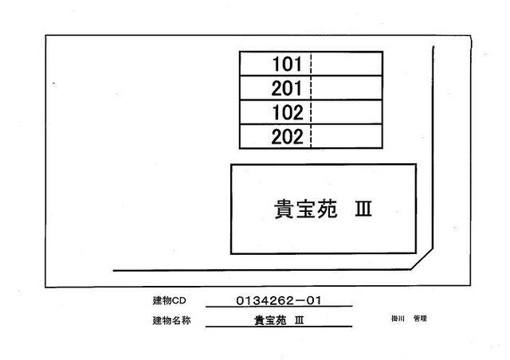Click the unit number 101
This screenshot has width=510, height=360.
click(x=287, y=64)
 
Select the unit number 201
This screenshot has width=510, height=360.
click(x=287, y=88)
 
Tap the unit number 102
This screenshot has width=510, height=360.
click(x=288, y=112)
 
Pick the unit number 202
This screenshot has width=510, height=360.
click(x=287, y=137)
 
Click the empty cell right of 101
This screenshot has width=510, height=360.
click(x=347, y=64)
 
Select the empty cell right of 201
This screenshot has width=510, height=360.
click(x=347, y=88)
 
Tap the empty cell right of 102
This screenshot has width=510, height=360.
click(x=347, y=112)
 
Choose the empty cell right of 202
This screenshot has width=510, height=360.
click(x=347, y=136)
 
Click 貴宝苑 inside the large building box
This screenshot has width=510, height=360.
click(x=306, y=209)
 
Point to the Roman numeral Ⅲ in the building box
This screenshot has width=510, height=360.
click(x=363, y=209)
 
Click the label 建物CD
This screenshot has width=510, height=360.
click(x=169, y=300)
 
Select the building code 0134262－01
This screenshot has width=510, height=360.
click(x=279, y=300)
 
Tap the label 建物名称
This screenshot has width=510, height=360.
click(x=171, y=321)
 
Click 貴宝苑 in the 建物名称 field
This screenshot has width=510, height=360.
click(x=270, y=320)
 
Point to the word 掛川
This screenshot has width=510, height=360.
click(x=398, y=319)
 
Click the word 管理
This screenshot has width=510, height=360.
click(x=420, y=319)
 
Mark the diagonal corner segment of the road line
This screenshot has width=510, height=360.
click(x=422, y=260)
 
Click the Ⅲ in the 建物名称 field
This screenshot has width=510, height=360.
click(x=300, y=320)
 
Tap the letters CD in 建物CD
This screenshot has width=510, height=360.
click(x=178, y=301)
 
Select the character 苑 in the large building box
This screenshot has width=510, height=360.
click(x=328, y=209)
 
